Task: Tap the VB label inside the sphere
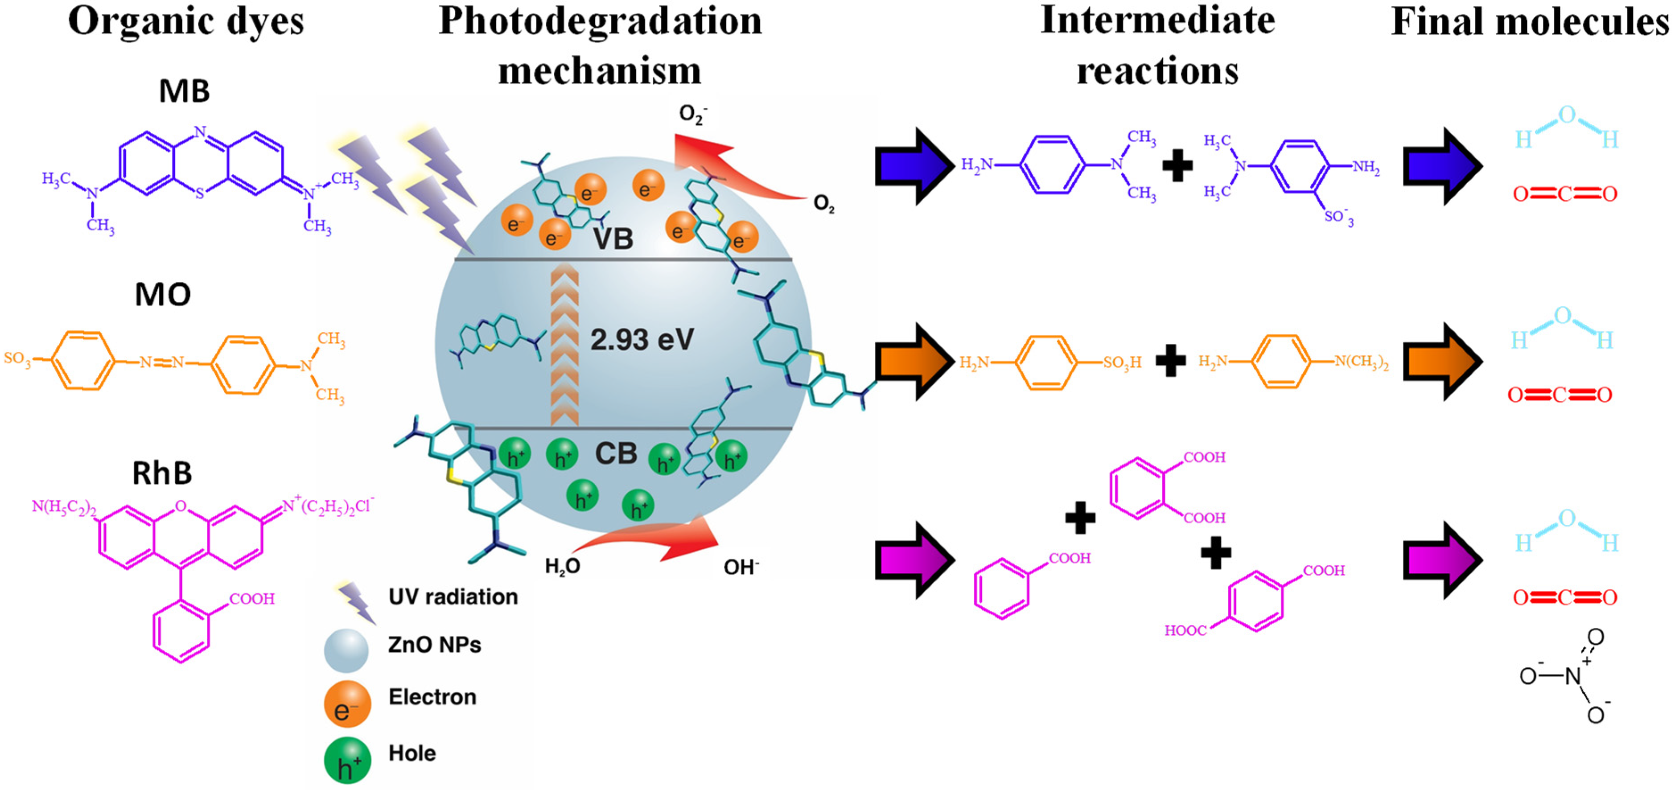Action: tap(613, 239)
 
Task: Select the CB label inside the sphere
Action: tap(615, 453)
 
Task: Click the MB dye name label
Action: tap(184, 91)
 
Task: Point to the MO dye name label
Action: tap(163, 295)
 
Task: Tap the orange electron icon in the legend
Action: tap(347, 704)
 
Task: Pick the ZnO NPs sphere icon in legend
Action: tap(346, 650)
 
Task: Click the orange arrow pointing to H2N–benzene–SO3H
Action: tap(914, 362)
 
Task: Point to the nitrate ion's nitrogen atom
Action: tap(1573, 676)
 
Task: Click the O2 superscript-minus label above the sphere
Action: tap(692, 115)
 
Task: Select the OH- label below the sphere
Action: tap(741, 568)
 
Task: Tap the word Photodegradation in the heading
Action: tap(600, 21)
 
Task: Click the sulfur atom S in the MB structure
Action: tap(200, 193)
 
